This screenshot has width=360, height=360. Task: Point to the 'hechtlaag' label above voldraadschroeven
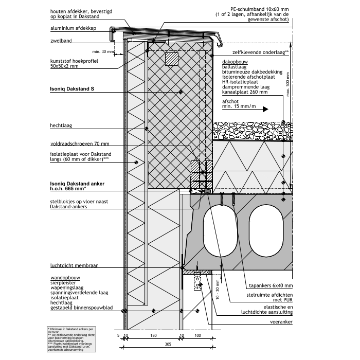(60, 125)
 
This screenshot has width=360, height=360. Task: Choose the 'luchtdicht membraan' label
(74, 266)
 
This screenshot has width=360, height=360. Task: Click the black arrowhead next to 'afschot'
(265, 109)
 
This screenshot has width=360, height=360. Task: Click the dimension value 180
(153, 335)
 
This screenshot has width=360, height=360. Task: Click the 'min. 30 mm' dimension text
(103, 51)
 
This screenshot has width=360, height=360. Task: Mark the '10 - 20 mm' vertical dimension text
(218, 290)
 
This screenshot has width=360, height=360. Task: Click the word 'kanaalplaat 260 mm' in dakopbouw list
(245, 92)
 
